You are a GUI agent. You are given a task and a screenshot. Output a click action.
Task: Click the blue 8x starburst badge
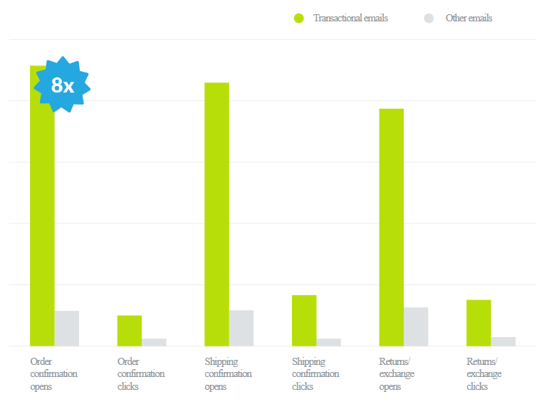click(63, 85)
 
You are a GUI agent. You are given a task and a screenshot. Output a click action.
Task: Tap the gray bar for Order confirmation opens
click(67, 329)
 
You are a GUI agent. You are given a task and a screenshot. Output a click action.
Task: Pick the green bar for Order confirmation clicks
click(130, 331)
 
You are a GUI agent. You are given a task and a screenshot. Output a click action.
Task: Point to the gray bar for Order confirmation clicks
click(154, 342)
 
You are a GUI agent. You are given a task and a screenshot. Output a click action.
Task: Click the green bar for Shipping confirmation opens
click(216, 213)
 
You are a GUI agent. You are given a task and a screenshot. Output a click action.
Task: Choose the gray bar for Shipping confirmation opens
click(241, 328)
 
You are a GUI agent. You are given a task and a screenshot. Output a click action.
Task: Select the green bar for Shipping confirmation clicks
click(304, 320)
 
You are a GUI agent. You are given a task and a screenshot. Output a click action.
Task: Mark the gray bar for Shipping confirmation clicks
click(328, 342)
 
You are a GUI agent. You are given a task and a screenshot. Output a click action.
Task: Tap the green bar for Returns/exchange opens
click(391, 228)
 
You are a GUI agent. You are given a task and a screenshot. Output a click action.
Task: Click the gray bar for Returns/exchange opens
click(416, 326)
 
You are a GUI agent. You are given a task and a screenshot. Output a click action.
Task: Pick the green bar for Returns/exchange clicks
click(478, 323)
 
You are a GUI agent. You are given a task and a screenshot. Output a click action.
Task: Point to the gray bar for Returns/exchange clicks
click(503, 341)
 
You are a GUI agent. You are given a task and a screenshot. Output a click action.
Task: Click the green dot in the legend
click(299, 18)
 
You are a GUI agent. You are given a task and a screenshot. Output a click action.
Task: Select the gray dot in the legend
click(429, 18)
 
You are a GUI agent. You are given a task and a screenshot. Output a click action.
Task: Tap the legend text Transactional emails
click(350, 18)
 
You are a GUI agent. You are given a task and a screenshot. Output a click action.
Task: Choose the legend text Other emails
click(469, 18)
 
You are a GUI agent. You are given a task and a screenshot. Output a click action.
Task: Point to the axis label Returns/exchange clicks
click(483, 374)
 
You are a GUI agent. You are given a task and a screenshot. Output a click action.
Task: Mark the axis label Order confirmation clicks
click(140, 374)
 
